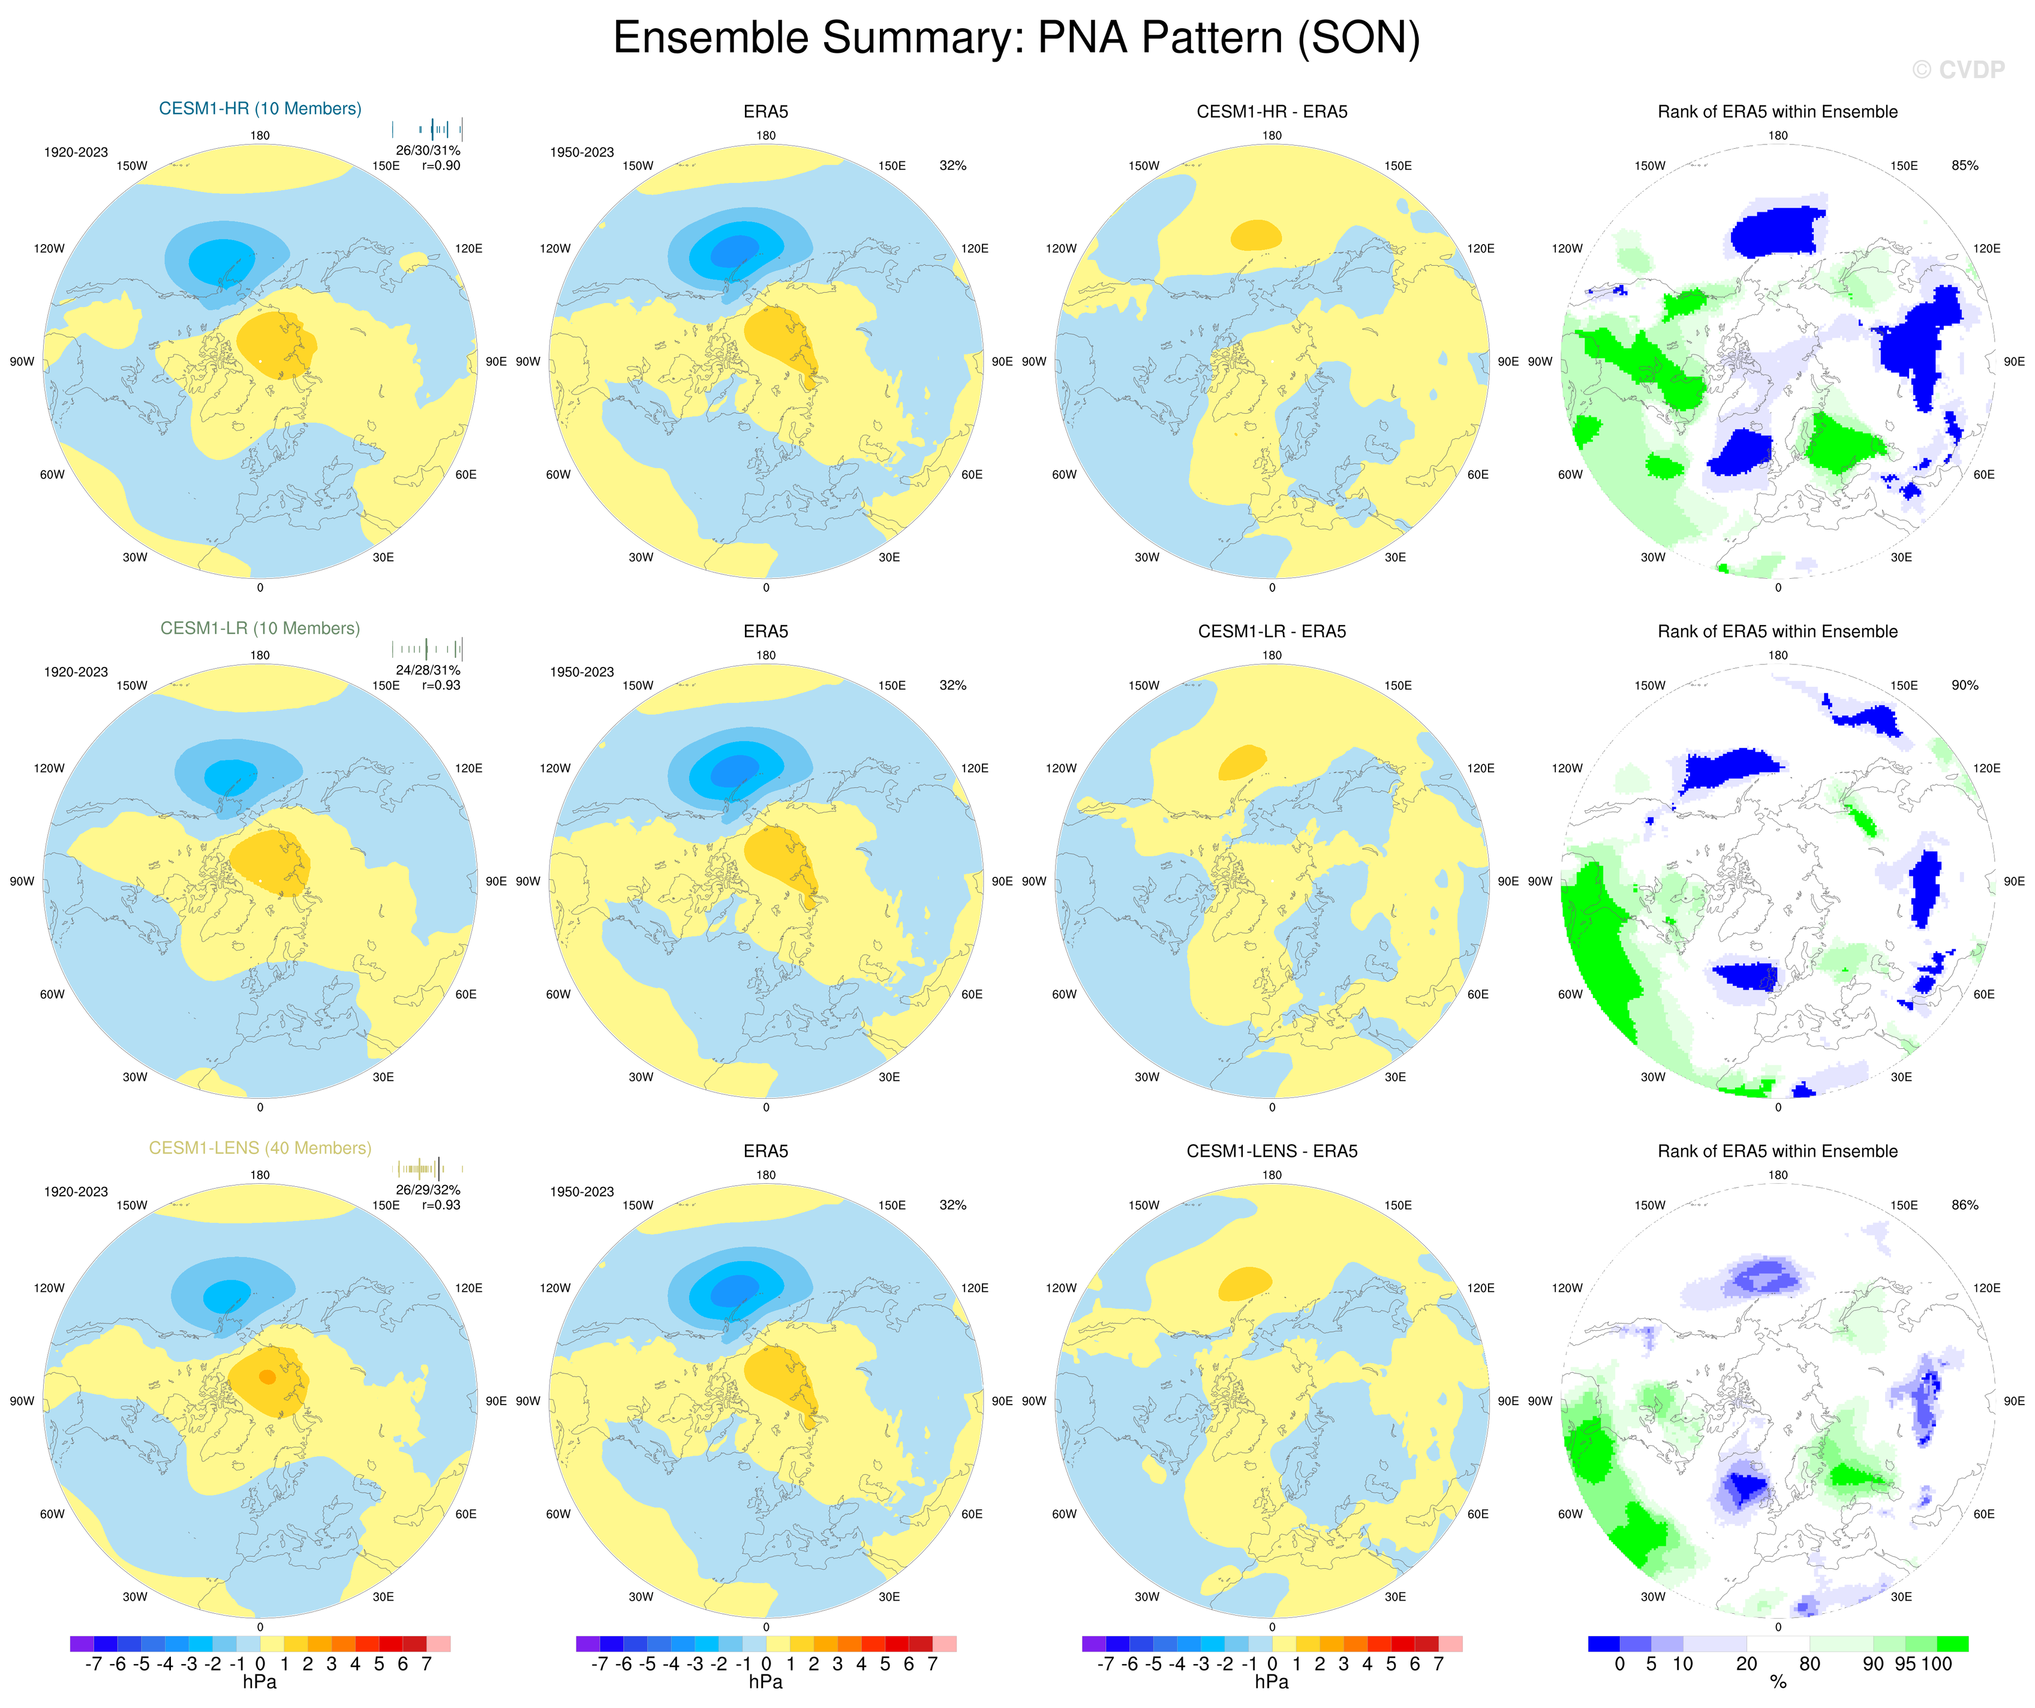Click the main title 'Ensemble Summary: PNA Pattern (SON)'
(x=1017, y=39)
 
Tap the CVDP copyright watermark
(x=1958, y=70)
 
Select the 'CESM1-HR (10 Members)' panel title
(x=260, y=109)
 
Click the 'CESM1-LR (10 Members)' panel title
(x=260, y=628)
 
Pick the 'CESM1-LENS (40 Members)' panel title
(x=260, y=1148)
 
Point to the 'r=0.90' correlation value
(x=441, y=166)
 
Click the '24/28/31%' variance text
(x=428, y=670)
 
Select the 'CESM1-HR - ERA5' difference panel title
(x=1272, y=112)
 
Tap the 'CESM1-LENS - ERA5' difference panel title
(x=1272, y=1151)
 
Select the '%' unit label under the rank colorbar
(x=1778, y=1683)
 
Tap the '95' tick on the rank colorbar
(x=1905, y=1664)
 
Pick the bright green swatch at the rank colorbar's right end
(x=1953, y=1644)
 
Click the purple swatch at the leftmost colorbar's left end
(x=82, y=1644)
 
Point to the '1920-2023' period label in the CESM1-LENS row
(x=76, y=1192)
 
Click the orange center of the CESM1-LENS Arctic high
(x=267, y=1377)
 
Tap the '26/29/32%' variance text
(x=428, y=1190)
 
